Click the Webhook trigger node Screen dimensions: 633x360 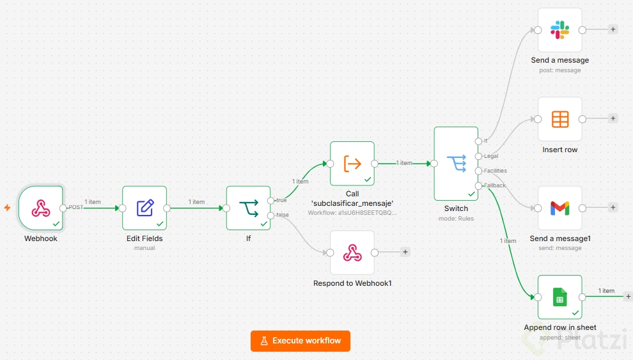click(x=40, y=208)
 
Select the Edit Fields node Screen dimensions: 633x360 click(x=145, y=208)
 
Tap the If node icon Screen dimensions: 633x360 click(x=248, y=208)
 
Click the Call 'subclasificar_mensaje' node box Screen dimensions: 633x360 click(x=352, y=164)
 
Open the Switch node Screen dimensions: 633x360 click(x=456, y=164)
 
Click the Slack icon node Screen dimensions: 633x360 click(x=560, y=30)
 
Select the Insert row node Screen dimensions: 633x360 click(x=560, y=119)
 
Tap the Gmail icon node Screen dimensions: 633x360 click(x=560, y=208)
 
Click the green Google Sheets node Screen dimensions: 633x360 click(x=560, y=297)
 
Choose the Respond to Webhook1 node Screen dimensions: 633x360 click(x=352, y=253)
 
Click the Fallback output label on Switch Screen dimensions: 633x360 click(x=495, y=185)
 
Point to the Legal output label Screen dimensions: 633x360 click(x=491, y=156)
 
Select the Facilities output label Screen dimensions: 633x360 click(x=496, y=171)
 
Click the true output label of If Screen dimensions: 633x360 click(x=281, y=200)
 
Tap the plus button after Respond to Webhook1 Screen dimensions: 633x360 click(x=405, y=252)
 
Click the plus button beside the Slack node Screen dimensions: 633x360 click(x=613, y=29)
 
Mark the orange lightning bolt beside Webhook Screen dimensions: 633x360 click(x=7, y=207)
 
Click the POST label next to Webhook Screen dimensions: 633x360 click(x=75, y=207)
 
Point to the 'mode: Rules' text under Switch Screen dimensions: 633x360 click(x=456, y=218)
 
